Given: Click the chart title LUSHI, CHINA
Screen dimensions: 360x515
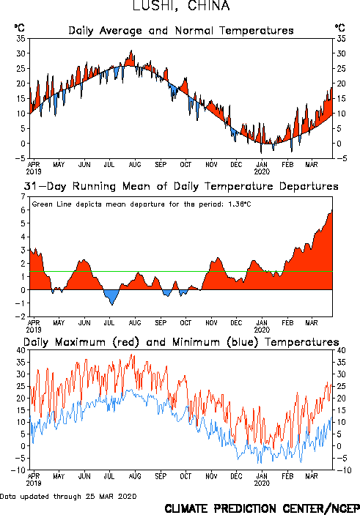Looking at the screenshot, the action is (181, 6).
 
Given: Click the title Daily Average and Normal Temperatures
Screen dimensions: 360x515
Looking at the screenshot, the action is (181, 31).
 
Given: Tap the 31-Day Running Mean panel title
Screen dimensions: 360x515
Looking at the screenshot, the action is (181, 186).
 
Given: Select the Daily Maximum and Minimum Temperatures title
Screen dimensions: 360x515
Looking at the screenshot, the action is (181, 342).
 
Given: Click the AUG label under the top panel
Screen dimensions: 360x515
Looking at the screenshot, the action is (135, 164).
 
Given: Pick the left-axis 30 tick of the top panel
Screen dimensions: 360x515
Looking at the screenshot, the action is (21, 53).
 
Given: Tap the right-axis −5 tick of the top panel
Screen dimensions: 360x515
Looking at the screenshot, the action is (342, 158).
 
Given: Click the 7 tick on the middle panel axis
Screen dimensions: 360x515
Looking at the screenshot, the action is (23, 196).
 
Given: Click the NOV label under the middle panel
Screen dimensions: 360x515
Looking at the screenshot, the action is (211, 323).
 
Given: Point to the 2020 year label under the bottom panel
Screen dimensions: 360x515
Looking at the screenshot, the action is (262, 483).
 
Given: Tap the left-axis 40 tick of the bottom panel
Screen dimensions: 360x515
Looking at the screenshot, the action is (21, 350).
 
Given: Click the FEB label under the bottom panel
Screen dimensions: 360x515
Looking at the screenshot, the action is (287, 476).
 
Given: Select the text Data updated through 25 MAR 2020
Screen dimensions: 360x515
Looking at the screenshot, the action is (68, 496).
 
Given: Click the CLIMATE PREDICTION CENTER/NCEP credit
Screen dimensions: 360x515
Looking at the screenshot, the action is (262, 508).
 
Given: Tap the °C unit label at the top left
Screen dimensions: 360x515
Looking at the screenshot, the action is (19, 28).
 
